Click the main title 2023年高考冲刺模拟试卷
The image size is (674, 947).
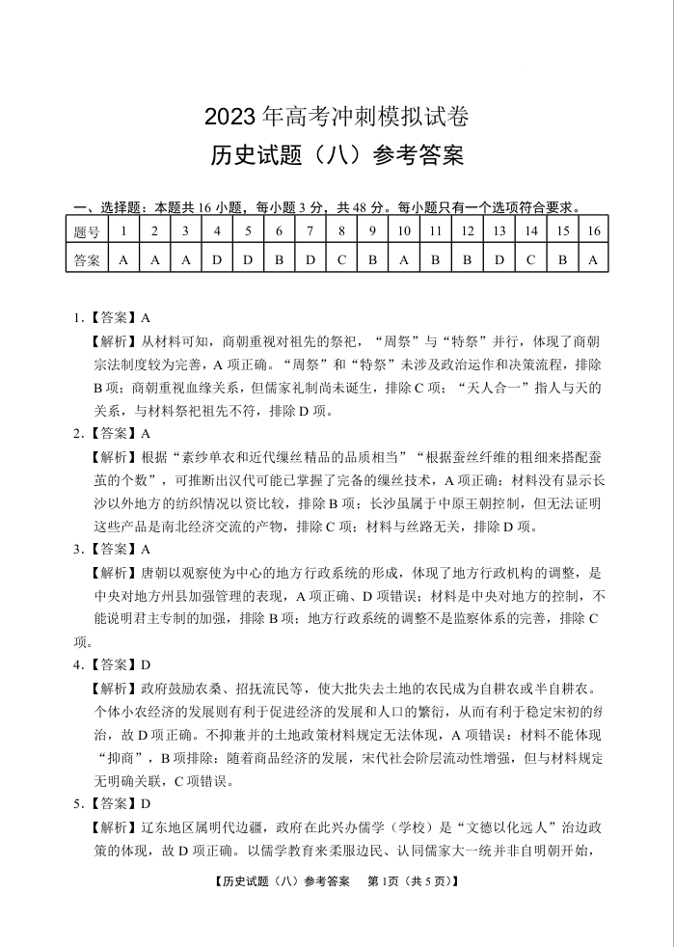(x=337, y=118)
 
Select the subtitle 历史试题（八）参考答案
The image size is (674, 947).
(x=337, y=154)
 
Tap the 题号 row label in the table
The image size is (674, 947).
(x=86, y=231)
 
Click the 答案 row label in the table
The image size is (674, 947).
(x=86, y=259)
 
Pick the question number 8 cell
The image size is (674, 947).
(x=341, y=231)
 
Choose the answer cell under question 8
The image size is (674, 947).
(x=341, y=259)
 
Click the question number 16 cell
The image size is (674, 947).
(x=593, y=231)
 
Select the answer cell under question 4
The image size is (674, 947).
(x=217, y=259)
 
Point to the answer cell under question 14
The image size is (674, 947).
(x=531, y=259)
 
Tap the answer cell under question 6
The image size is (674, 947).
(x=279, y=259)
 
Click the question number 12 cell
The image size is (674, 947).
(x=467, y=231)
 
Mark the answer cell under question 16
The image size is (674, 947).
(x=593, y=259)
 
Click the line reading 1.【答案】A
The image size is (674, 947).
(x=113, y=317)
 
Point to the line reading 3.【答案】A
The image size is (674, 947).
(x=113, y=549)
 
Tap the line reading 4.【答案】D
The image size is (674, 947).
(x=113, y=664)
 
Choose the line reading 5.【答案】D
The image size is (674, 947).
(x=113, y=803)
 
